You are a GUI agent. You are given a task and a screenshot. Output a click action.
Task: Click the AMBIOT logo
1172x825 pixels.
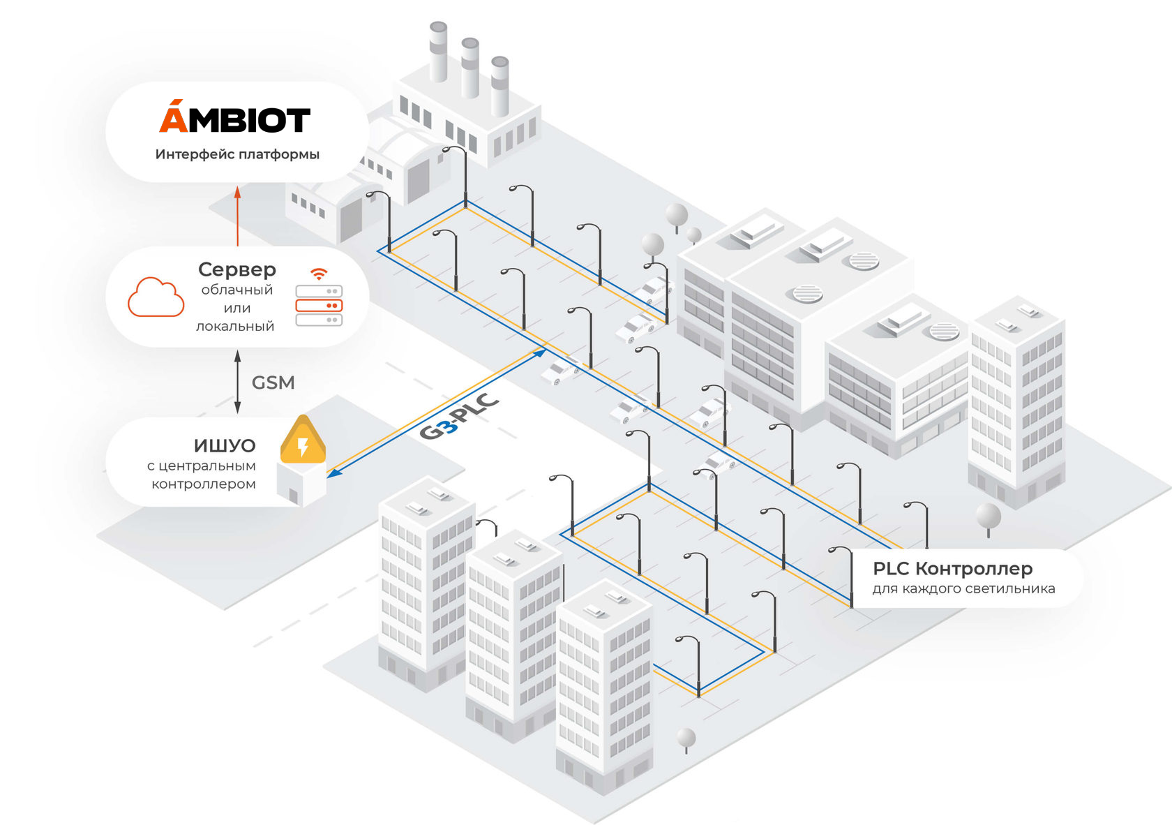[x=234, y=119]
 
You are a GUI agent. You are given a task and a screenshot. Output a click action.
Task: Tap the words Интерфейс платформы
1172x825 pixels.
[x=237, y=154]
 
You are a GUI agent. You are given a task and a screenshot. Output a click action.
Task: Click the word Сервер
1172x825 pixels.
[x=237, y=269]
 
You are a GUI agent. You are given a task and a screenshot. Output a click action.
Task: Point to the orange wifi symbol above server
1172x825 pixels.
[x=319, y=274]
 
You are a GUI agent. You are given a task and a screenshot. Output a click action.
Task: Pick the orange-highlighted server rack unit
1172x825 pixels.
[x=319, y=306]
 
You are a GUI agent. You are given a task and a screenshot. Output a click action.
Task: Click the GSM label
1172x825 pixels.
[x=273, y=382]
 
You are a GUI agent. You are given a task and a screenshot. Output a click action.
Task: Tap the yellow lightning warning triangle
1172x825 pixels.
[x=303, y=441]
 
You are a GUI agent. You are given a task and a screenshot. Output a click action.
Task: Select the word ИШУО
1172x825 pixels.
[x=225, y=445]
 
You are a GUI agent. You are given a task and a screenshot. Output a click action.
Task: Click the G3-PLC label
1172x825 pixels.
[x=459, y=417]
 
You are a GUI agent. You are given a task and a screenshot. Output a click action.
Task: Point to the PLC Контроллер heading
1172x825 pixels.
[x=952, y=569]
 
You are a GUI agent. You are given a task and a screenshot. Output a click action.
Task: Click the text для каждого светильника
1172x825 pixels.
[x=963, y=589]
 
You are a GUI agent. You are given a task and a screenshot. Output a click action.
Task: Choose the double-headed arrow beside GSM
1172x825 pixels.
[x=237, y=382]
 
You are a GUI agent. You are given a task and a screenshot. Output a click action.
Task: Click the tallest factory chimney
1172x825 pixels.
[x=438, y=52]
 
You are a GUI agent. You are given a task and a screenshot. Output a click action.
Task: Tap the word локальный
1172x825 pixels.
[x=235, y=327]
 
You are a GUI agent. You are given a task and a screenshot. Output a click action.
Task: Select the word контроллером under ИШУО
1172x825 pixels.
[x=204, y=484]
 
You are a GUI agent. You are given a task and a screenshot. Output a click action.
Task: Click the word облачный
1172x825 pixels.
[x=236, y=290]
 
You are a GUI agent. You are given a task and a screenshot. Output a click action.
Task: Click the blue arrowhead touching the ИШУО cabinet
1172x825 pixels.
[x=334, y=473]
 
